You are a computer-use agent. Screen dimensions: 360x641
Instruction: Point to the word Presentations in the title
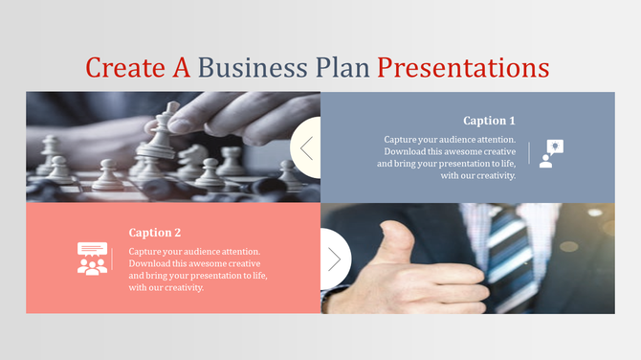tap(463, 68)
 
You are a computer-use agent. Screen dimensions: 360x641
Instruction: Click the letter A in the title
tap(182, 68)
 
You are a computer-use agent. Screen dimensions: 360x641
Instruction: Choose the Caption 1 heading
tap(489, 121)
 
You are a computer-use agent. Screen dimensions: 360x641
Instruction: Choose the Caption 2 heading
tap(155, 233)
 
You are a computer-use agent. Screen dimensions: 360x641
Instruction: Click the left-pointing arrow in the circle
tap(307, 147)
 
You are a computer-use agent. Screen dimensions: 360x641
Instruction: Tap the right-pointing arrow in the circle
tap(334, 259)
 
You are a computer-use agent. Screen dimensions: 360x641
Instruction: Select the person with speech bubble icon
tap(550, 153)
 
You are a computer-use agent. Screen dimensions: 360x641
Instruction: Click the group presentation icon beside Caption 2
tap(92, 259)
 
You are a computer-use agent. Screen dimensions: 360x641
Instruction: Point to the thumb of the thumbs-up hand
tap(393, 236)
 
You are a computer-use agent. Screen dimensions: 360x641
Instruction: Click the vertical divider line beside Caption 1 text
tap(529, 153)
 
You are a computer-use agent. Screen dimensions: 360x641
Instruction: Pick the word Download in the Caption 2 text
tap(151, 264)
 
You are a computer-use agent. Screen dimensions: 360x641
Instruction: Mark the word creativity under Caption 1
tap(494, 175)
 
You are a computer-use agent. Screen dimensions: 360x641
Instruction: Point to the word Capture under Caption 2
tap(147, 252)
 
